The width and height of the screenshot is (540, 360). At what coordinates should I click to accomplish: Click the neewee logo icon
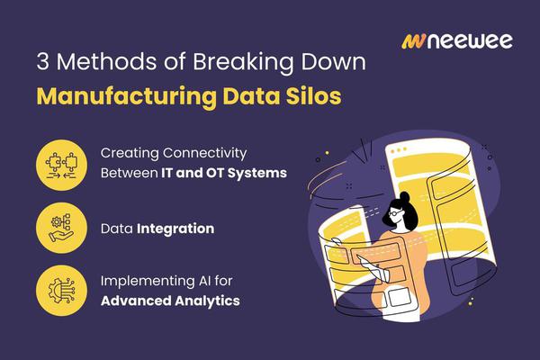(414, 41)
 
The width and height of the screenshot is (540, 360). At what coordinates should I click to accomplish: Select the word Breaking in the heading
(243, 62)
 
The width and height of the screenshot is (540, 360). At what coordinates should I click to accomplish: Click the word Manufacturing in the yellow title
(126, 97)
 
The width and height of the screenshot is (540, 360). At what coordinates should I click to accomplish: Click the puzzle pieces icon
(61, 165)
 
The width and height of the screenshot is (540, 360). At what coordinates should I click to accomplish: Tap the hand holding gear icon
(61, 228)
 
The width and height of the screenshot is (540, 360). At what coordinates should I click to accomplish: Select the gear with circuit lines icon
(61, 290)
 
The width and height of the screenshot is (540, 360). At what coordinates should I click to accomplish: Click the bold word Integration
(175, 229)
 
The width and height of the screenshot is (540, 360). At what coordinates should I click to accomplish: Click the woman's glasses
(395, 213)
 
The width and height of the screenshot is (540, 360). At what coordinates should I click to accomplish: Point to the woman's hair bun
(405, 197)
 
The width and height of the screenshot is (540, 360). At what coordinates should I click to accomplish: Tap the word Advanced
(137, 301)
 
